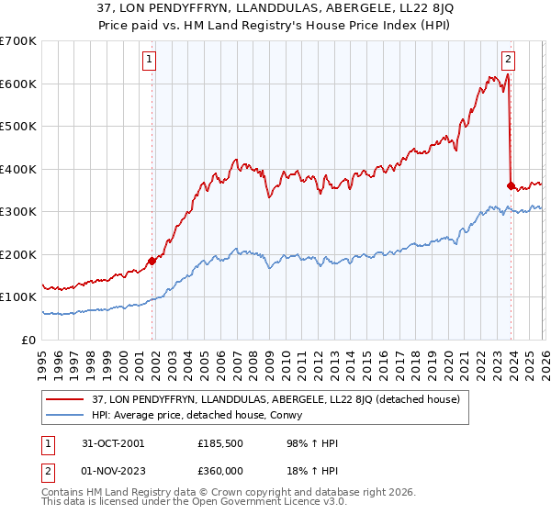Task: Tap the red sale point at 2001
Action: [x=152, y=261]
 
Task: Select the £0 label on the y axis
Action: [x=28, y=340]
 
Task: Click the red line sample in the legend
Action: [x=65, y=398]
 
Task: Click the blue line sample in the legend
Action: [x=65, y=414]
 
